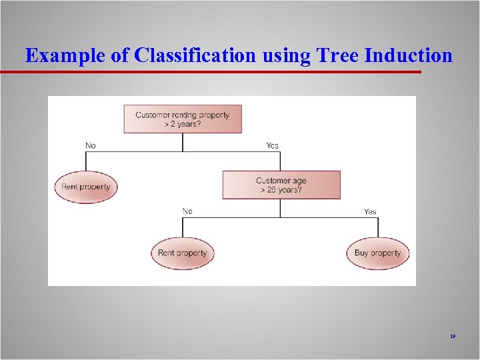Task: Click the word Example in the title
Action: click(x=65, y=55)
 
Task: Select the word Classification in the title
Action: click(x=195, y=55)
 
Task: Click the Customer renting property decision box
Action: click(x=182, y=119)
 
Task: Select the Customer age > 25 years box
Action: click(x=281, y=185)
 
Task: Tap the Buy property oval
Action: click(x=377, y=253)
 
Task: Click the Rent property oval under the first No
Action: click(x=85, y=187)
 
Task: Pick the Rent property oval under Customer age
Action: click(x=182, y=253)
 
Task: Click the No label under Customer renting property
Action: click(x=90, y=145)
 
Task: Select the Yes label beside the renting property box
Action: click(x=272, y=145)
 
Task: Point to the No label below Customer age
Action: click(x=187, y=211)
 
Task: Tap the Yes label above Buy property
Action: click(x=369, y=211)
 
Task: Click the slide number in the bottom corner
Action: click(x=452, y=337)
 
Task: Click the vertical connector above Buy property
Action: click(x=377, y=227)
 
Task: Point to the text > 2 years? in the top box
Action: click(x=182, y=124)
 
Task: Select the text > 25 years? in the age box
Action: click(x=281, y=190)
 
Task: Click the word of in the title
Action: click(x=120, y=55)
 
